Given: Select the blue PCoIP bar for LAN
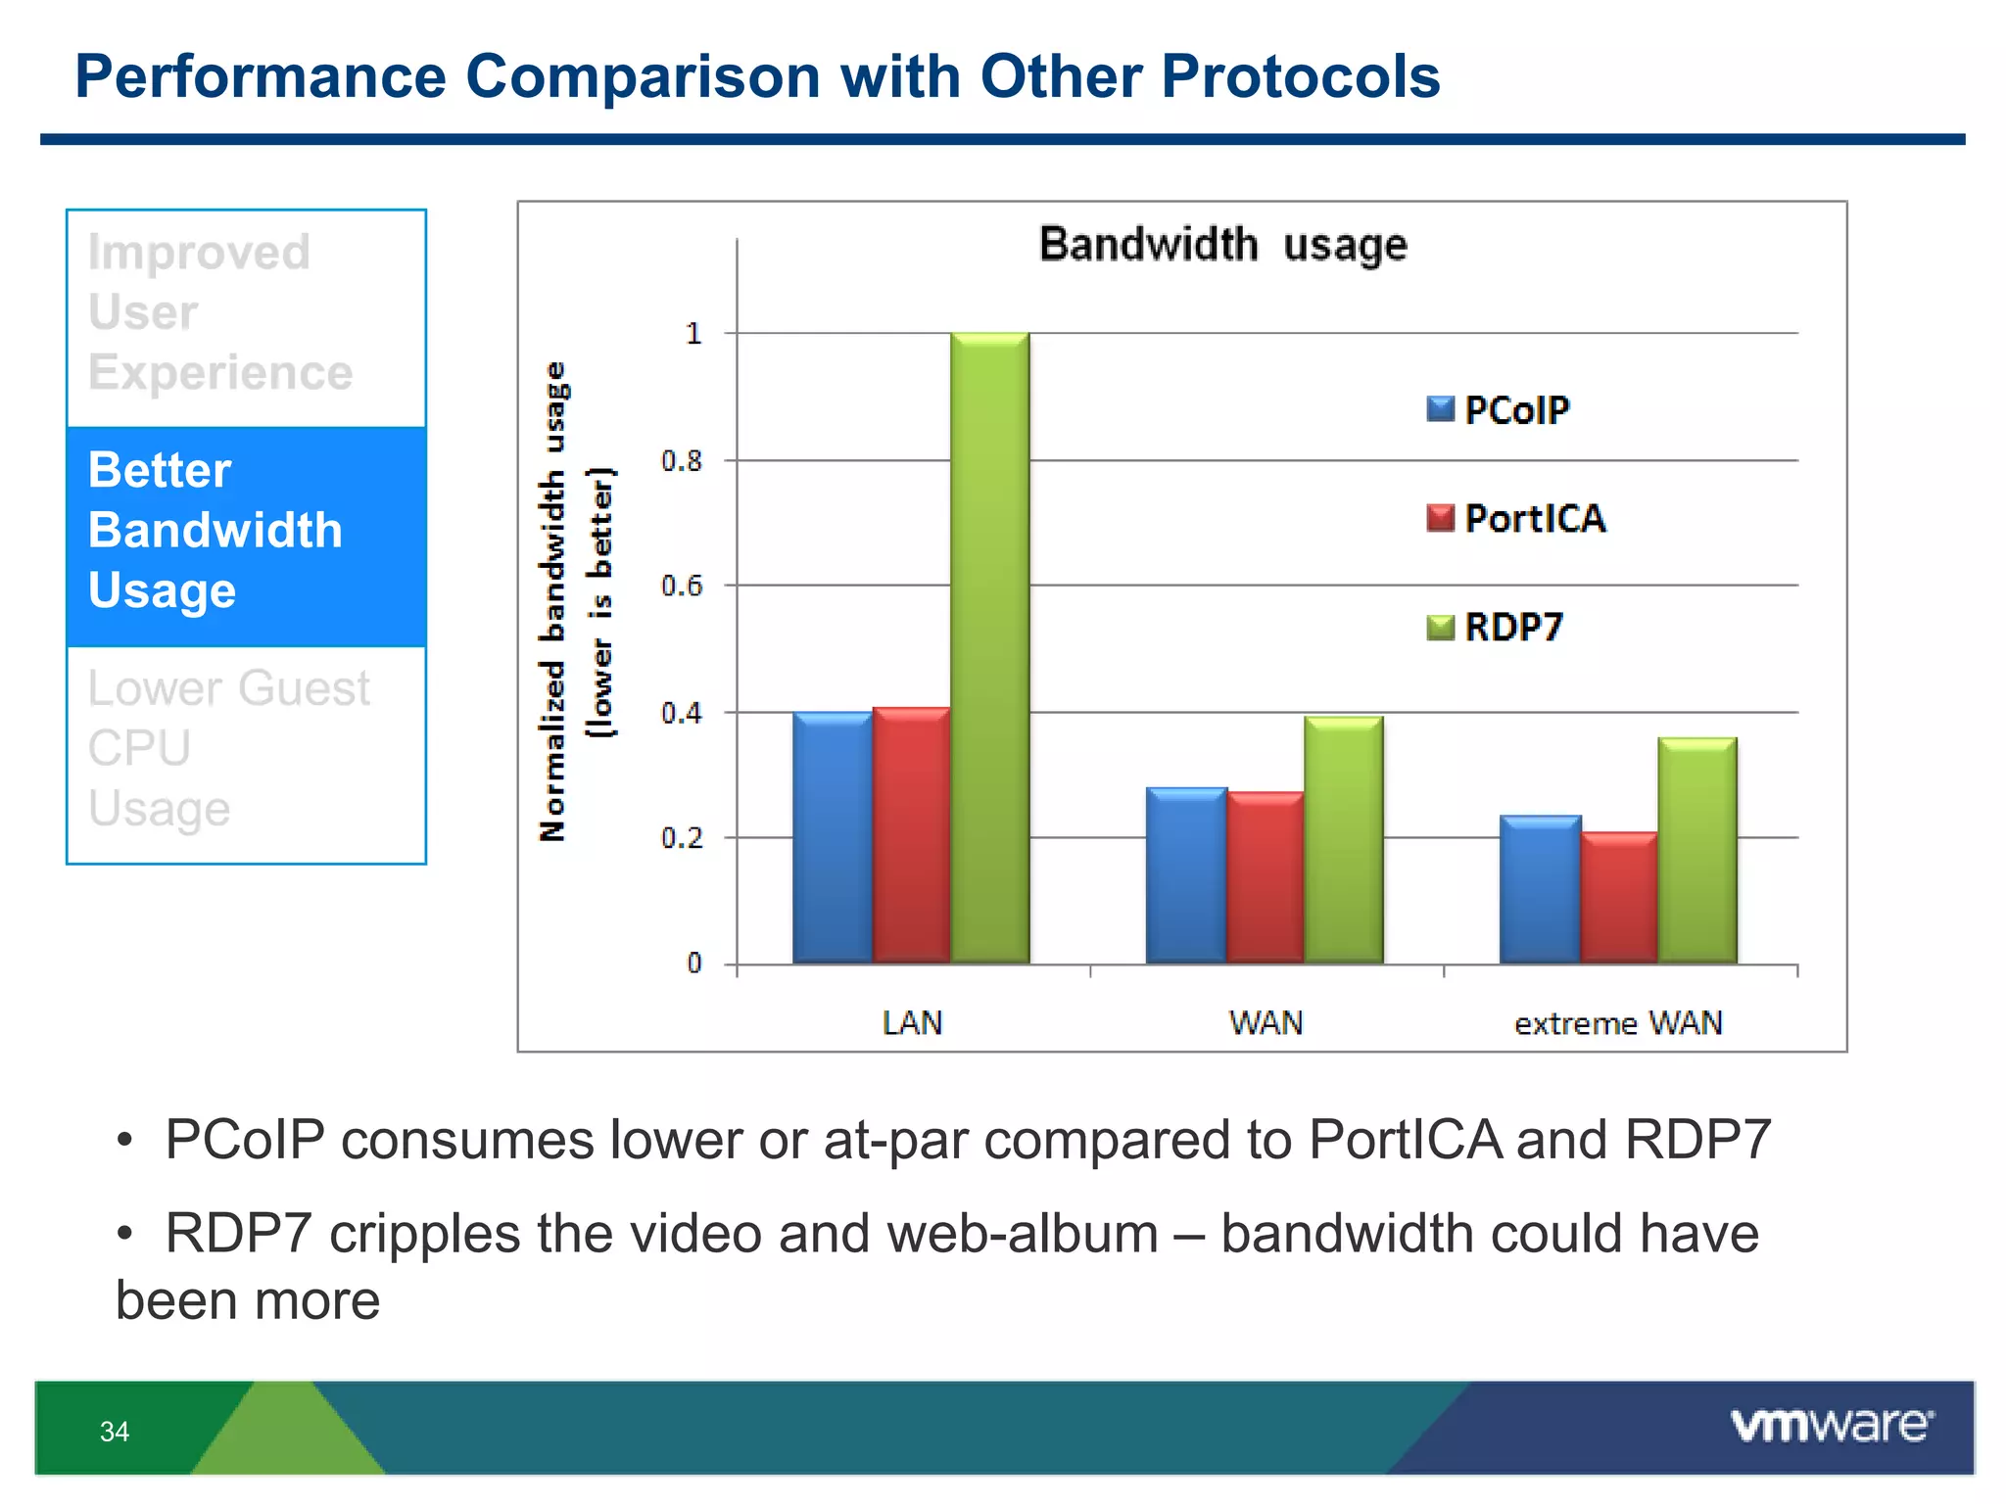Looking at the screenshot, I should pyautogui.click(x=832, y=838).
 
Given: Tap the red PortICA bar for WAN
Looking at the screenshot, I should pyautogui.click(x=1265, y=877).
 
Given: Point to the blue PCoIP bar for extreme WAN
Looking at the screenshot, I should pyautogui.click(x=1540, y=889).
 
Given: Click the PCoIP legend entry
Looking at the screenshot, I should pyautogui.click(x=1499, y=409).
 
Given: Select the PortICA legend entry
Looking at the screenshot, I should pyautogui.click(x=1516, y=518).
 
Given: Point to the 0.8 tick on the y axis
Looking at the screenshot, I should pyautogui.click(x=682, y=460).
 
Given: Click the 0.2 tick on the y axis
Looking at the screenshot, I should pyautogui.click(x=682, y=838).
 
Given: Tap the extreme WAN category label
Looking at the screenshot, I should pyautogui.click(x=1618, y=1023).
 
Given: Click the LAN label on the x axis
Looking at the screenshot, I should pyautogui.click(x=912, y=1023).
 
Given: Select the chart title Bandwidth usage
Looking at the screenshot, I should pyautogui.click(x=1222, y=245).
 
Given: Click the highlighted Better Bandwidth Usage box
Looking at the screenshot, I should pyautogui.click(x=246, y=536).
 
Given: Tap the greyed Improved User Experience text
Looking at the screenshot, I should pyautogui.click(x=219, y=312).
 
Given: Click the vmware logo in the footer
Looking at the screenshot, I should pyautogui.click(x=1832, y=1426).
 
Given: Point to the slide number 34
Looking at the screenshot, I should pyautogui.click(x=115, y=1432).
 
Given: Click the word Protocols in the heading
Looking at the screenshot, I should pyautogui.click(x=1300, y=76).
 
